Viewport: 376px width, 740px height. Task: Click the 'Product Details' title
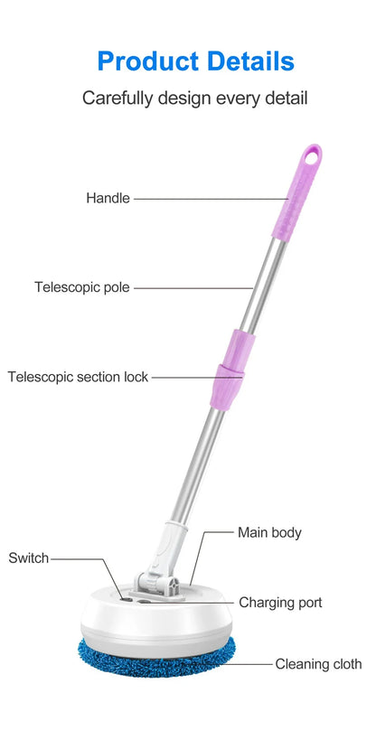(195, 61)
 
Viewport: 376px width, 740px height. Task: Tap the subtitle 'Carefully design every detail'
(194, 98)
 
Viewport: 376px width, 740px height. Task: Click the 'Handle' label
(108, 198)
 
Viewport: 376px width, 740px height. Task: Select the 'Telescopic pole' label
(81, 287)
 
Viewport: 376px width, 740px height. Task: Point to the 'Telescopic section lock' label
(78, 377)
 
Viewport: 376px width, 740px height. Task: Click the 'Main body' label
(269, 533)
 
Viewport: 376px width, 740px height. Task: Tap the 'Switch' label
(29, 557)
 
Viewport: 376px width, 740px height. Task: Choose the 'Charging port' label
(280, 603)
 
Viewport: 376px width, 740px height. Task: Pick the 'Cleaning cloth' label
(318, 664)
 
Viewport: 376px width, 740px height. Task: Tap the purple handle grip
(297, 192)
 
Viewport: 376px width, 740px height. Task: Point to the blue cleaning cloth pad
(156, 656)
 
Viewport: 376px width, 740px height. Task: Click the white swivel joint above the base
(161, 562)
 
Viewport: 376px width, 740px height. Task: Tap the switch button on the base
(127, 599)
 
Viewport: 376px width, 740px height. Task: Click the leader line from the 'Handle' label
(211, 199)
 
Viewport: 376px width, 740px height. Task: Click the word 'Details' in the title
(250, 61)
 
